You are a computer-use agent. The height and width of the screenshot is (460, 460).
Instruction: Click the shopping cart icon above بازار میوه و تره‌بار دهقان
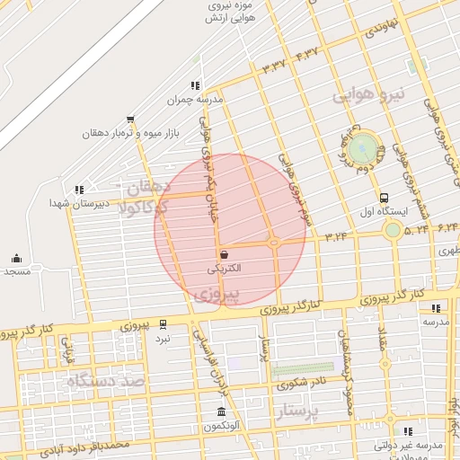point(130,119)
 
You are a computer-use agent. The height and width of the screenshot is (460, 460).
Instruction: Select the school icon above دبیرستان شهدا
point(79,190)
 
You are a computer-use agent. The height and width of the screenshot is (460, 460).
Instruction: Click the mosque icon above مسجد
point(16,258)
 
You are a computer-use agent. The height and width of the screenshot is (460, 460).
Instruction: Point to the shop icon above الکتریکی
point(222,254)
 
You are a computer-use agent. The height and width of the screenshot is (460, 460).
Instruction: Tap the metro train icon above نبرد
point(163,323)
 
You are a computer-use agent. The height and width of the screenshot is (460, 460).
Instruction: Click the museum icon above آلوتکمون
point(221,412)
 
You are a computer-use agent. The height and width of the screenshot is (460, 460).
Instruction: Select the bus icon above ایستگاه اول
point(385,198)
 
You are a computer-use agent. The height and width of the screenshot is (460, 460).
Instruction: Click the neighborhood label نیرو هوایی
point(369,93)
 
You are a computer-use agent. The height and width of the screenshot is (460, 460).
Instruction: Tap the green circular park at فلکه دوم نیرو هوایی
point(363,147)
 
